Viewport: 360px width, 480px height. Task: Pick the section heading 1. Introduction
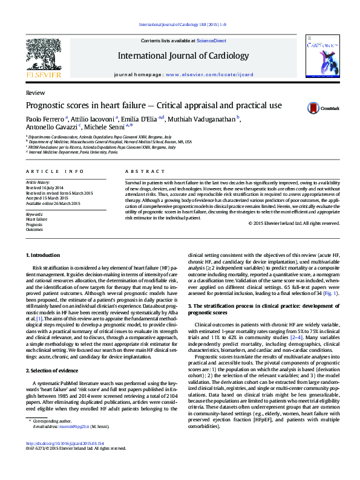(44, 256)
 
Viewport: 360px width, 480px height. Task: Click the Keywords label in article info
(34, 214)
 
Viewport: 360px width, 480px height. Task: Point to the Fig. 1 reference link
(347, 293)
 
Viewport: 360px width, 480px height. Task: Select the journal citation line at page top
(182, 24)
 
